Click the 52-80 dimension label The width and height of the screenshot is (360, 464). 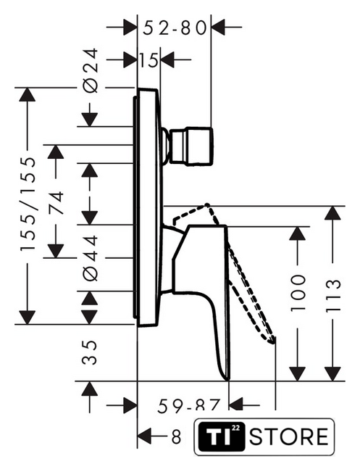point(175,28)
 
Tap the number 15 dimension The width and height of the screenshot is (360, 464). point(148,60)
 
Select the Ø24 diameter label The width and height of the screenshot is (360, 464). point(90,70)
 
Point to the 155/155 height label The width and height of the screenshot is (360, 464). point(28,204)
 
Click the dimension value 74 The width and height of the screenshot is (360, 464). point(56,203)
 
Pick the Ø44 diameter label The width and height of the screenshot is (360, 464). point(90,258)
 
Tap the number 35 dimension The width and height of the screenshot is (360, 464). point(90,352)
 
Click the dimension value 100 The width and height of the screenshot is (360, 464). point(297,293)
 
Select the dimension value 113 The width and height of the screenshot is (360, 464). point(333,296)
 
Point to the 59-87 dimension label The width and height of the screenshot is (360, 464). point(189,405)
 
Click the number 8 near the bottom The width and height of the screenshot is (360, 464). point(176,436)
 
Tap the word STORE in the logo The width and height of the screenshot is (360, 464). point(288,436)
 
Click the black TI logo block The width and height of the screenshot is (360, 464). point(222,436)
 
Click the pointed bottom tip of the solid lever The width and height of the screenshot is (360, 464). point(227,380)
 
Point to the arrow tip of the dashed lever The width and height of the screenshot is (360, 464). point(273,341)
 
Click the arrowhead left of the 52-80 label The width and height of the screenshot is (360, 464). point(130,28)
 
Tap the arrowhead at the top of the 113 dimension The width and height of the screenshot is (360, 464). point(332,212)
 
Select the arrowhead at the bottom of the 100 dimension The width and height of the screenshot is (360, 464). point(297,374)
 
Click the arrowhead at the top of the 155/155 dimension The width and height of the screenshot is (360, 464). point(28,95)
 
